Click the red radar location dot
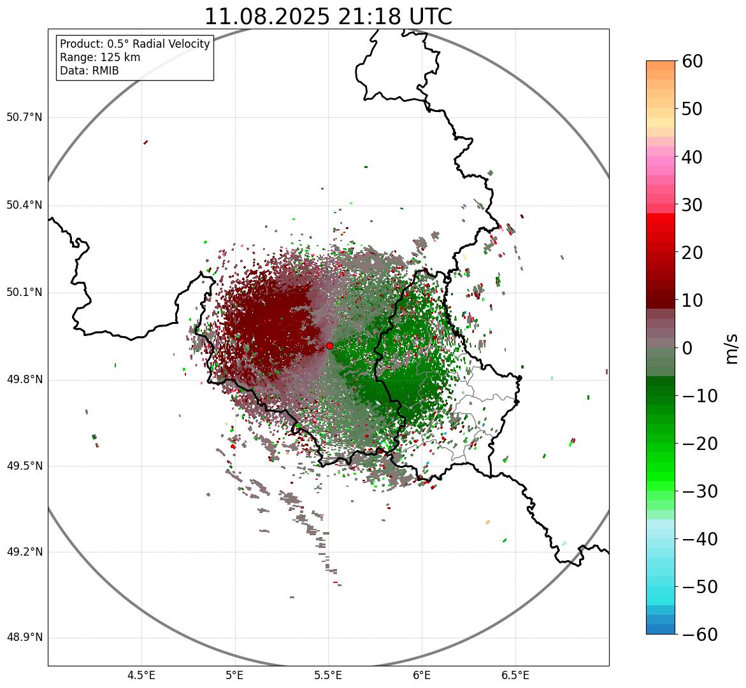click(x=329, y=346)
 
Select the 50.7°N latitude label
click(x=24, y=118)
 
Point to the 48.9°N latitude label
click(x=24, y=638)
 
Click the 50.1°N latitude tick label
click(x=24, y=293)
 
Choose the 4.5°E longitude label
click(x=141, y=675)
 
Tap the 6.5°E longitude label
click(x=515, y=675)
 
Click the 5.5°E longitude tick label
click(x=328, y=675)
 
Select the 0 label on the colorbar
click(x=687, y=348)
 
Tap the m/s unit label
click(x=731, y=348)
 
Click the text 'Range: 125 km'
click(x=100, y=57)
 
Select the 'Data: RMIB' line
click(x=89, y=71)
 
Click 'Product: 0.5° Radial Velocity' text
click(x=134, y=44)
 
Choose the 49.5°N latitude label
click(x=24, y=466)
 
